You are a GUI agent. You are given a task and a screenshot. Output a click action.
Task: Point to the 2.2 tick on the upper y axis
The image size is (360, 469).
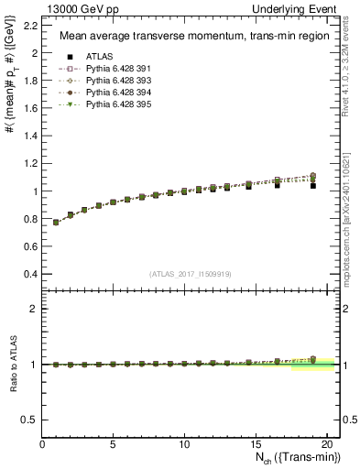point(34,25)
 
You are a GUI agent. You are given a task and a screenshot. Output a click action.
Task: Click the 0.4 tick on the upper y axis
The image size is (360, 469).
point(34,274)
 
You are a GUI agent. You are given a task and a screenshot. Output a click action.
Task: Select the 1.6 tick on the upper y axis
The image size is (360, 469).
point(34,108)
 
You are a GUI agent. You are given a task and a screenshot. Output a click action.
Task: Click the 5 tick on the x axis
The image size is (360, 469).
point(114,444)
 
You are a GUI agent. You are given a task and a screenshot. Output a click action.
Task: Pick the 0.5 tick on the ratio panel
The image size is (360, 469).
point(34,420)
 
